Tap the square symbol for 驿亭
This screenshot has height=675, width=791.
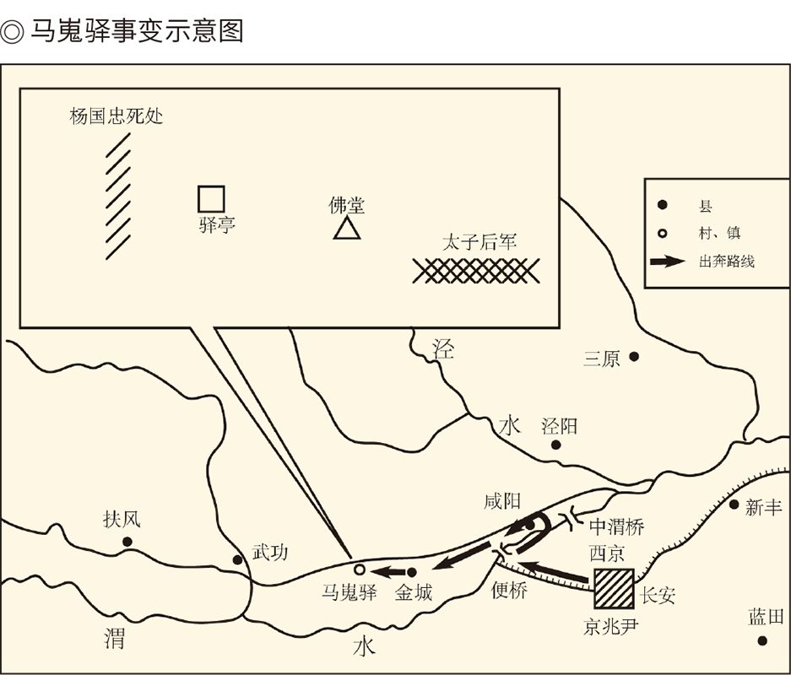coord(211,198)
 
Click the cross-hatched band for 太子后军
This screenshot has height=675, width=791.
coord(476,270)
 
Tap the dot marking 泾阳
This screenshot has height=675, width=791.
coord(555,444)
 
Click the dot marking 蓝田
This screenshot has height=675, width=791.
coord(762,640)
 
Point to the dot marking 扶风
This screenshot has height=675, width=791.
coord(127,541)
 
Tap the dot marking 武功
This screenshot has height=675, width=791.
coord(237,559)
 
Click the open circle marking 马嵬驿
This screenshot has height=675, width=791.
coord(359,569)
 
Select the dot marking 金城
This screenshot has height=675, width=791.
coord(411,572)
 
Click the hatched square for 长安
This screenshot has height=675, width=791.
coord(613,588)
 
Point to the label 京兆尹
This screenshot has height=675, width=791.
coord(611,628)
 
